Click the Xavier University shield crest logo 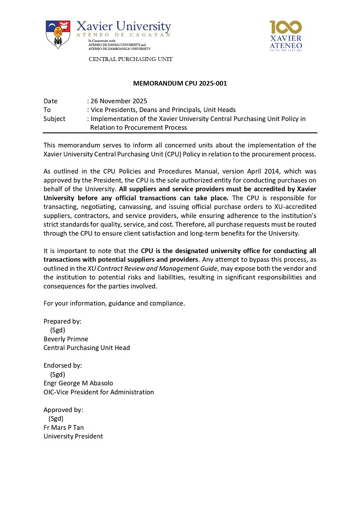(58, 35)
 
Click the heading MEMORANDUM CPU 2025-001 (180, 84)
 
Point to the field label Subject (54, 119)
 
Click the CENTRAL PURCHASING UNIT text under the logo (130, 59)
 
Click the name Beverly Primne (66, 339)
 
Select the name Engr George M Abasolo (78, 383)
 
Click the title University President (73, 436)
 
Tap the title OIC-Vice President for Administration (98, 392)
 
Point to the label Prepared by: (62, 321)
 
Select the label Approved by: (63, 410)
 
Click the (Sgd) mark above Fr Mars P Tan (56, 418)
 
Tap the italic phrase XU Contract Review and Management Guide (152, 268)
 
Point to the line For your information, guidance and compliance (114, 303)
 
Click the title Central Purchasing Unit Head (86, 348)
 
